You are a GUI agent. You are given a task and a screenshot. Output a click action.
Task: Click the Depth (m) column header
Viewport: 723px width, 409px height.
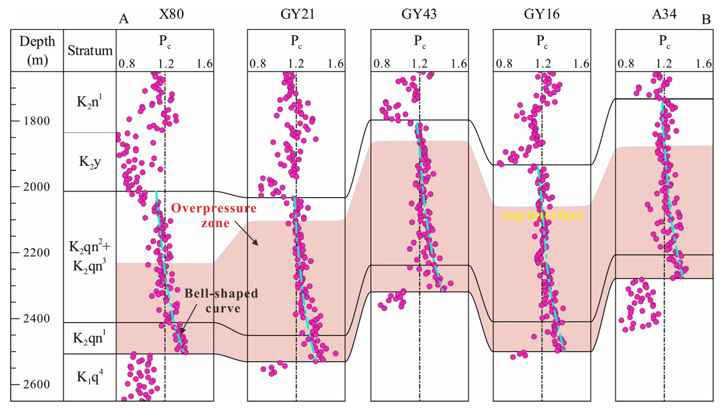37,50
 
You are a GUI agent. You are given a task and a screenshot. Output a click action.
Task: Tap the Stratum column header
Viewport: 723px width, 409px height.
90,51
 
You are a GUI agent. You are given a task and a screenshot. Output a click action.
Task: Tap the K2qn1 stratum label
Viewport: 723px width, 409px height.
90,338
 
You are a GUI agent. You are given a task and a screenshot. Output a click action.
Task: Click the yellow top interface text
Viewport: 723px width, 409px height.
543,215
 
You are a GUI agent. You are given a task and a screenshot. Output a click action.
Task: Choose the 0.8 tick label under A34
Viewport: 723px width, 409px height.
626,64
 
